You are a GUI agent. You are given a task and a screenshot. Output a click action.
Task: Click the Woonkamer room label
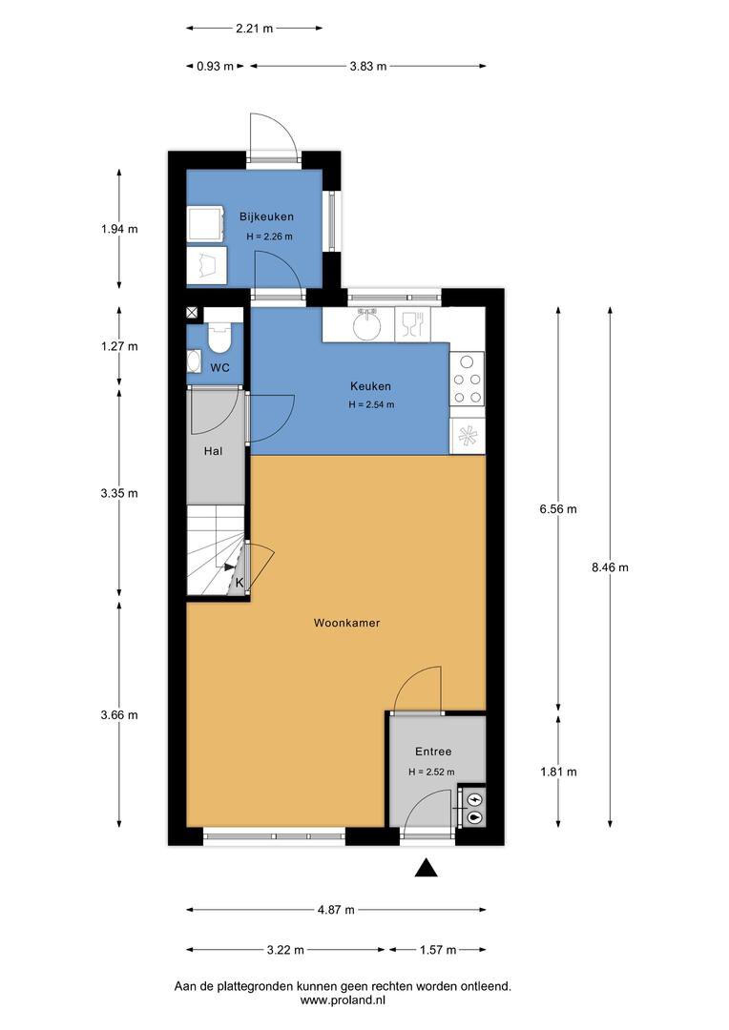[x=346, y=623]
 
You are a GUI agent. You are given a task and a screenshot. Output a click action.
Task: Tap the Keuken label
[x=371, y=386]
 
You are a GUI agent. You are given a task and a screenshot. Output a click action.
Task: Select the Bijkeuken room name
[x=266, y=216]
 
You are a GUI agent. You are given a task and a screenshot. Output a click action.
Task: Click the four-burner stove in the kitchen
[x=468, y=379]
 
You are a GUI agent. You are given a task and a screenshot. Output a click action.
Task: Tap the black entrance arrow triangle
[x=426, y=868]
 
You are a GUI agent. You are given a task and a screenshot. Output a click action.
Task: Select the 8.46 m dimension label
[x=610, y=567]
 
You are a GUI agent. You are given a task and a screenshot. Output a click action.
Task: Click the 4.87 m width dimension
[x=336, y=910]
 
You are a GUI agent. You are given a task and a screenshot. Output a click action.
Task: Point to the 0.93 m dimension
[x=215, y=66]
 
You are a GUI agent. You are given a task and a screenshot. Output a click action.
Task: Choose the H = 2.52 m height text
[x=431, y=772]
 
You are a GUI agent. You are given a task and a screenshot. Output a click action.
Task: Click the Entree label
[x=433, y=752]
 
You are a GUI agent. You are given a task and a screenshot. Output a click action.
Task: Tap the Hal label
[x=213, y=451]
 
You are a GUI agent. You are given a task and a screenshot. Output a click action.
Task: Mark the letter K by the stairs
[x=240, y=583]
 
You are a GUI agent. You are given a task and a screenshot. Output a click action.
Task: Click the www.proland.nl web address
[x=343, y=1000]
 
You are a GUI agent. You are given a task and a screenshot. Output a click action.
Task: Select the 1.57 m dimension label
[x=438, y=950]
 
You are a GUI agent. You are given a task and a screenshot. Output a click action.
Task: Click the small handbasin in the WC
[x=194, y=361]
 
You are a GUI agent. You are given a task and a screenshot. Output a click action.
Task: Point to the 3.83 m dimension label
[x=368, y=66]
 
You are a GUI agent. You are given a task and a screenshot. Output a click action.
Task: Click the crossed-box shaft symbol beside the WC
[x=193, y=314]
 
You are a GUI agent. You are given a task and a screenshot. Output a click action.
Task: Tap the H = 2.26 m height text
[x=269, y=237]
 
